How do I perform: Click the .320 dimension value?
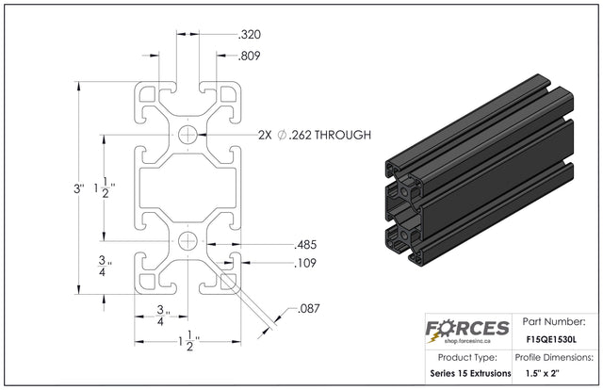coord(249,35)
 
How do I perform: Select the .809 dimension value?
coord(249,56)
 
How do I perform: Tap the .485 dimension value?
coord(305,245)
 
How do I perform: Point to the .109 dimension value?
coord(305,263)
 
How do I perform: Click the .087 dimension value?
coord(309,308)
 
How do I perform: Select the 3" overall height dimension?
coord(79,188)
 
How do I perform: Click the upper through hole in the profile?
coord(187,135)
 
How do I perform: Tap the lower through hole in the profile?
coord(187,241)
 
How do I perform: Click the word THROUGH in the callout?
coord(343,135)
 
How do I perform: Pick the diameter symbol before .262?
coord(282,135)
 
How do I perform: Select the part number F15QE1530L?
coord(551,340)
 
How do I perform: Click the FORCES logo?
coord(467,330)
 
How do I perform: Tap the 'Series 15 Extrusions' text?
coord(471,373)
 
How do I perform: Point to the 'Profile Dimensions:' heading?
coord(554,357)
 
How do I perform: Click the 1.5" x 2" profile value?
coord(543,373)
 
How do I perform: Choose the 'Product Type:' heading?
coord(467,357)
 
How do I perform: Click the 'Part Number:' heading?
coord(554,321)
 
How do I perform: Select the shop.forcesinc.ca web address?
coord(467,341)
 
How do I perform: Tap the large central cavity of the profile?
coord(187,188)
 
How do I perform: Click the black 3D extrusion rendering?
coord(480,171)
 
